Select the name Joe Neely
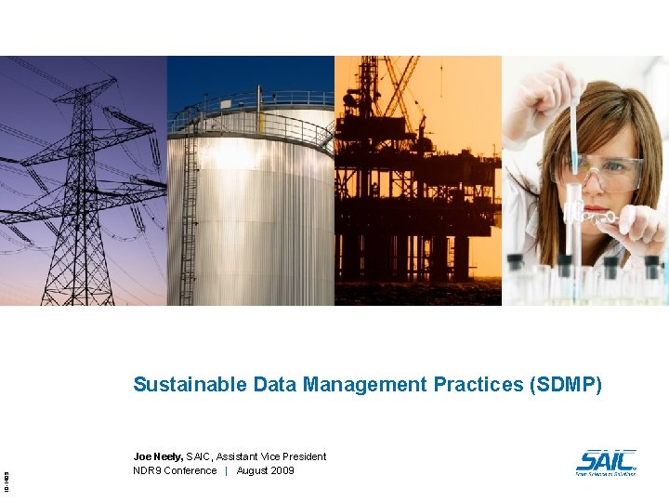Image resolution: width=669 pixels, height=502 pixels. (158, 456)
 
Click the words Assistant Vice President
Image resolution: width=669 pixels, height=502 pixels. (271, 456)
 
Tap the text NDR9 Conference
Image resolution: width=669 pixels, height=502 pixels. (175, 470)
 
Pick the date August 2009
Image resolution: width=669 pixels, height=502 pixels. (265, 470)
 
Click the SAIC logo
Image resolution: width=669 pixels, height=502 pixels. (606, 462)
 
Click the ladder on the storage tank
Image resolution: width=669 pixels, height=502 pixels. (190, 214)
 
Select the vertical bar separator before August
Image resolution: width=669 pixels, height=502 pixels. (227, 470)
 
